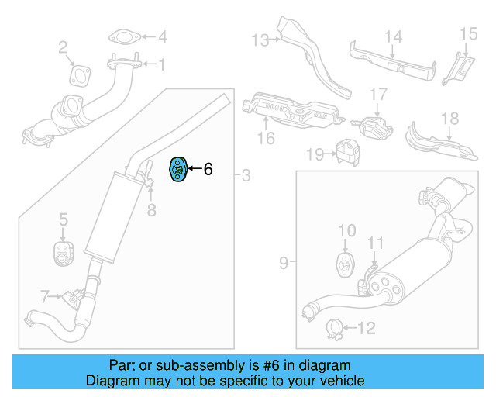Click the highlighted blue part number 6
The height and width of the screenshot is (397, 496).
[x=177, y=170]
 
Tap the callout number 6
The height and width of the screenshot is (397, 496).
[x=208, y=169]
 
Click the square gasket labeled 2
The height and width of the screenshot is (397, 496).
[x=78, y=74]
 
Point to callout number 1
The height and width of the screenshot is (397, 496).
[x=163, y=66]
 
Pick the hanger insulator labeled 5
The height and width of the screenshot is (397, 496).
[x=62, y=252]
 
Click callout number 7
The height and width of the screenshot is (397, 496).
[x=45, y=295]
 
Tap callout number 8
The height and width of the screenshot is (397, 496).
[x=152, y=209]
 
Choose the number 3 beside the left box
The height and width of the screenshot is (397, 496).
[x=246, y=176]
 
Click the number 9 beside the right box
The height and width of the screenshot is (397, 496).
[x=283, y=264]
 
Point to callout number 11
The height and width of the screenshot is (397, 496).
[x=375, y=243]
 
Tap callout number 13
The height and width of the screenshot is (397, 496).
[x=259, y=39]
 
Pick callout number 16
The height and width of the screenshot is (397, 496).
[x=266, y=138]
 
